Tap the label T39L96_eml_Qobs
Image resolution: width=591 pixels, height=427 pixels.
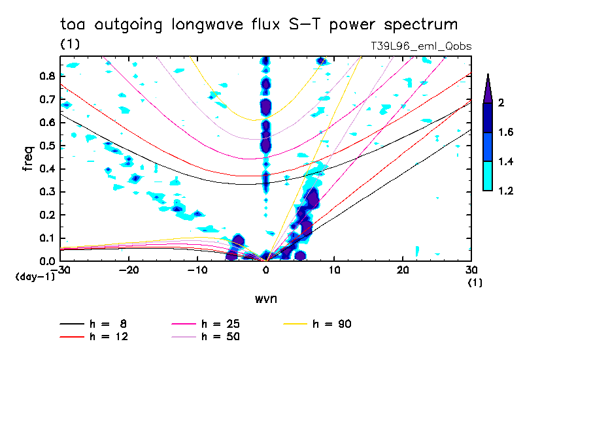coord(420,46)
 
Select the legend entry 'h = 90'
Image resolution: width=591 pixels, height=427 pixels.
coord(333,324)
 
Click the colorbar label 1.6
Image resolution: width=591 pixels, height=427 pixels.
coord(505,133)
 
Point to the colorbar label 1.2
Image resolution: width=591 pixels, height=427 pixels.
coord(505,191)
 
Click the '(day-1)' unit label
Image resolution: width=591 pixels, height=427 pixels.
coord(34,277)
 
